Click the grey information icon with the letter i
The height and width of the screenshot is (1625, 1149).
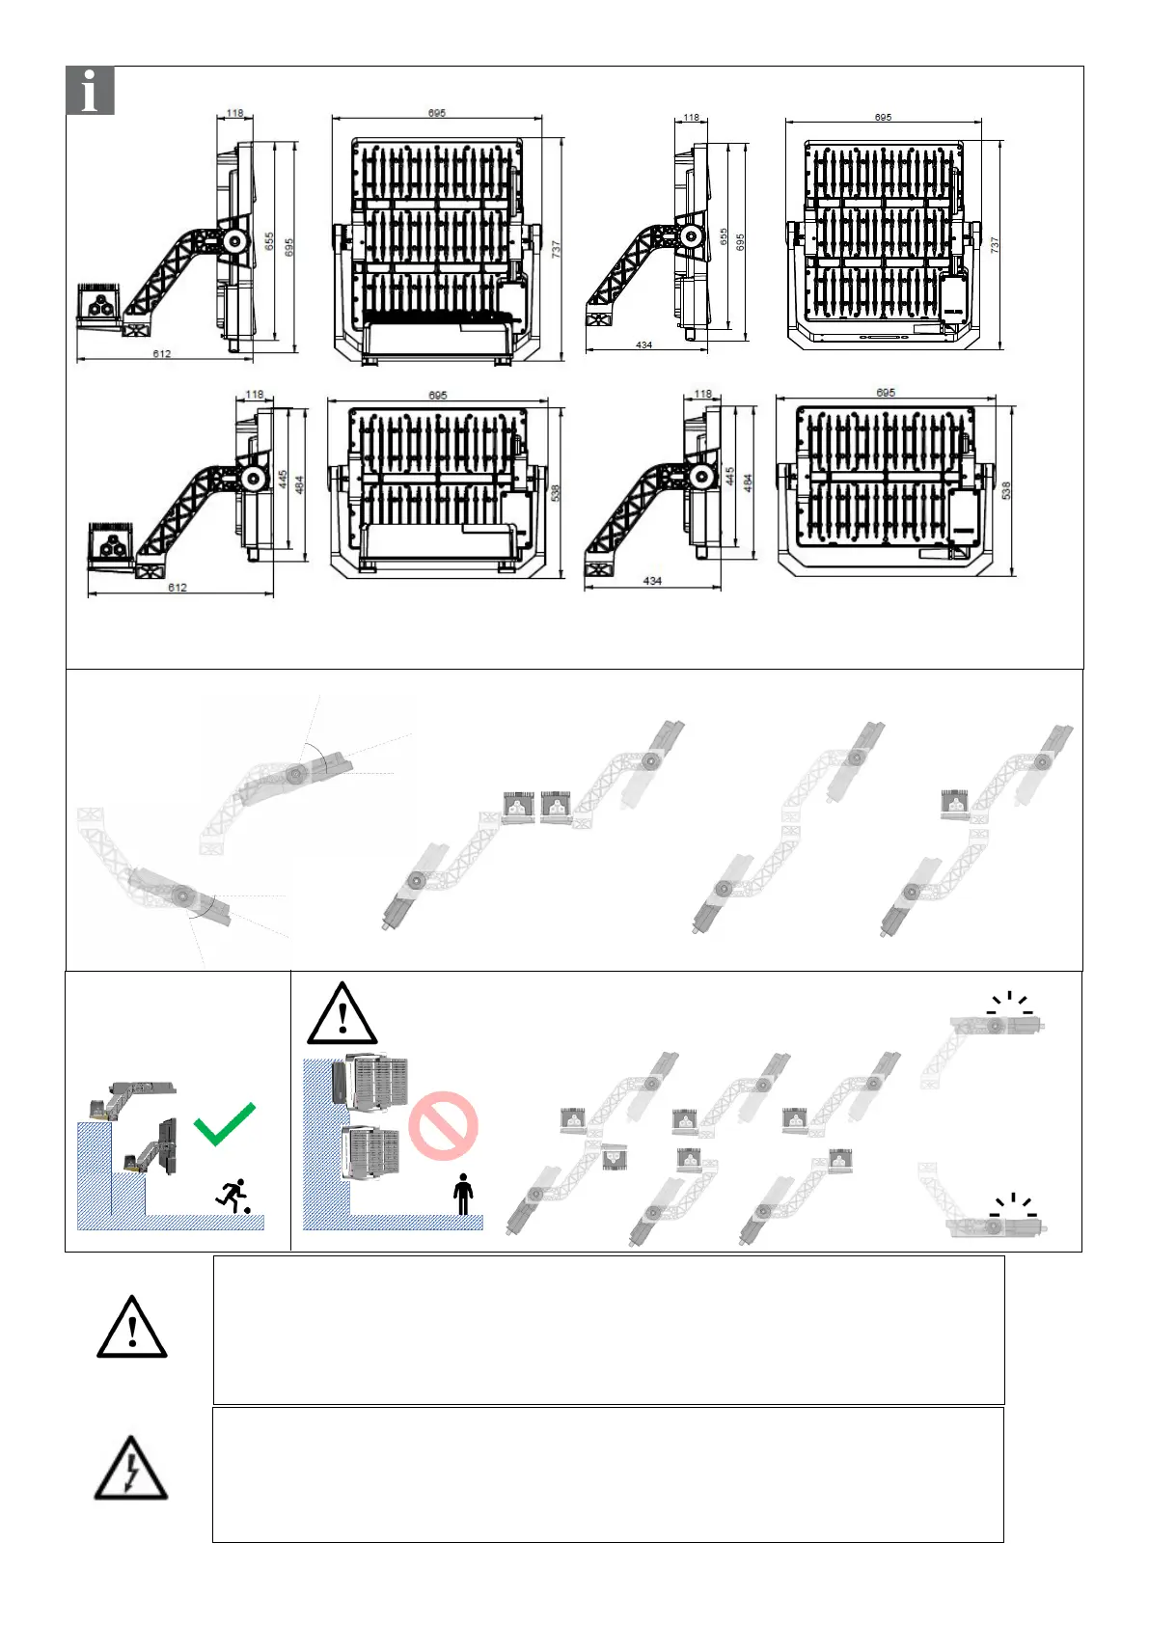click(91, 91)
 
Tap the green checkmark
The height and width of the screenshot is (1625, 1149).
click(225, 1123)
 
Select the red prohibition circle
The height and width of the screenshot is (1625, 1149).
click(443, 1126)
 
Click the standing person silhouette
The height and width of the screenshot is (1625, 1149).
click(463, 1195)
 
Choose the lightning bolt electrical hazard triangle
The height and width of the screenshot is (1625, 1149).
click(130, 1470)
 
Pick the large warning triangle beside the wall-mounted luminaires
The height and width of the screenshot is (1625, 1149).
click(342, 1014)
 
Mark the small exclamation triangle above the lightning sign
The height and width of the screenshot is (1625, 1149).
click(132, 1329)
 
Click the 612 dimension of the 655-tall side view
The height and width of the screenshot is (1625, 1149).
click(162, 354)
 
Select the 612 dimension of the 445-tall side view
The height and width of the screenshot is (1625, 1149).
click(178, 588)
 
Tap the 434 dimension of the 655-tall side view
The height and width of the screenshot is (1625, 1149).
click(643, 344)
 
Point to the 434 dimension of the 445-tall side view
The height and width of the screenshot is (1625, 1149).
click(652, 581)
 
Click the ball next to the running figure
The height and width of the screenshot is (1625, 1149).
click(248, 1210)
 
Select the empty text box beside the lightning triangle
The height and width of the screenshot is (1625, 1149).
click(608, 1474)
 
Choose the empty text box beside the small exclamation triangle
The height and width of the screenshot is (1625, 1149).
click(608, 1329)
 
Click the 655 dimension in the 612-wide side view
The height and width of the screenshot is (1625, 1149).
click(270, 241)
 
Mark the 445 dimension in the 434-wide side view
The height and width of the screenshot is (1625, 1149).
click(730, 477)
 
